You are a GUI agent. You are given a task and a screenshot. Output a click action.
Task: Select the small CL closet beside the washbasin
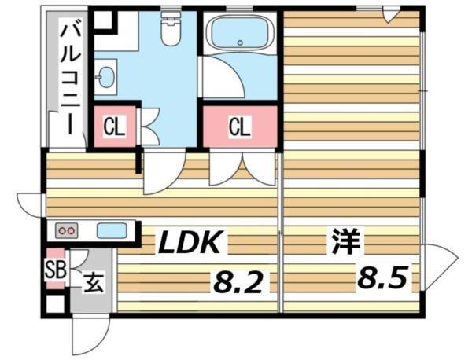point(115,126)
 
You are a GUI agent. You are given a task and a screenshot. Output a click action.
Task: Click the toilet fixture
point(168,30)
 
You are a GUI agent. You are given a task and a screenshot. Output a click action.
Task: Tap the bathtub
point(239,35)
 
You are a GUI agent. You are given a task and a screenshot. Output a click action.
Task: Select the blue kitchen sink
point(112,231)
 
